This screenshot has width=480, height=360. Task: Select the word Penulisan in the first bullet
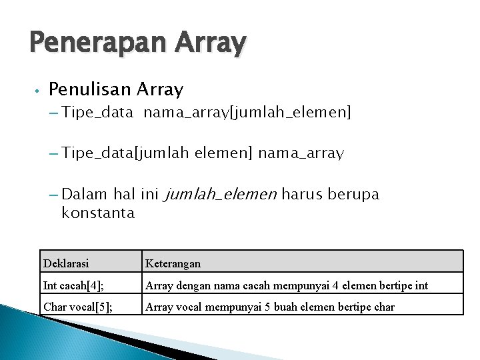tap(90, 89)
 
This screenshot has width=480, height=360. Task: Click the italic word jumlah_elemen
tap(220, 195)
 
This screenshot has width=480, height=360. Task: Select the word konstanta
tap(98, 213)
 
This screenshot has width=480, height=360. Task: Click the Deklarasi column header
tap(65, 263)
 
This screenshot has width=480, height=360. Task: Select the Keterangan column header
tap(173, 263)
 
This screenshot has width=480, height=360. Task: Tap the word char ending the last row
tap(383, 307)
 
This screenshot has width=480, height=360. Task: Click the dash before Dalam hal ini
tap(53, 195)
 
